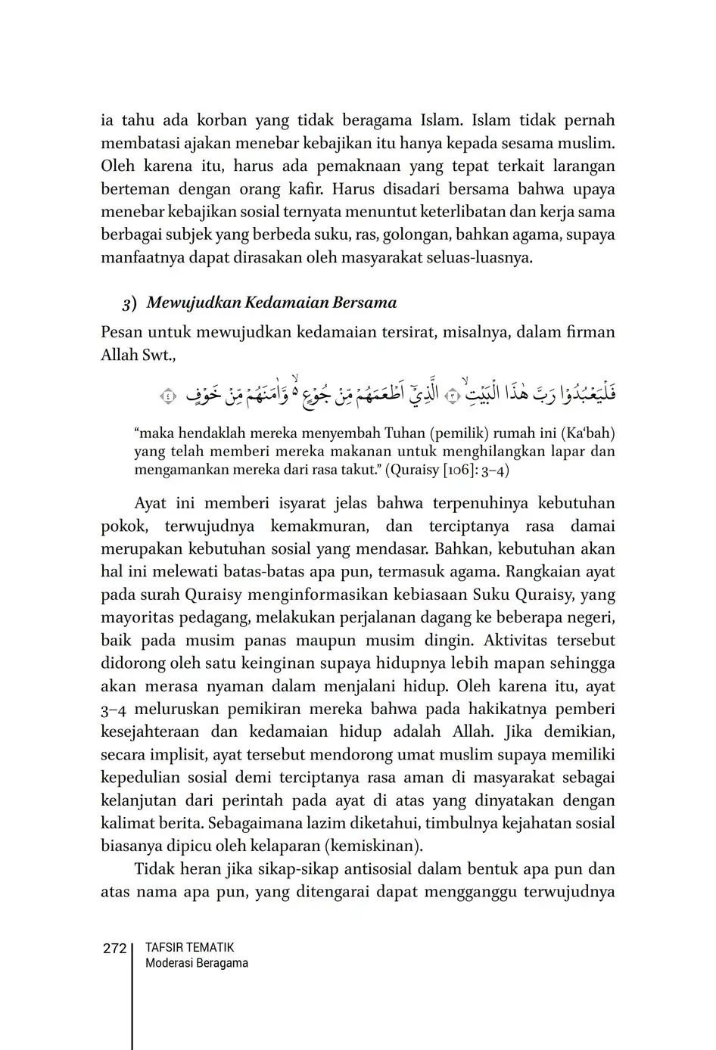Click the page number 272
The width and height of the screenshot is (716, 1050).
[114, 948]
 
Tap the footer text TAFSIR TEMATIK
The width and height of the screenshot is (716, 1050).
[189, 947]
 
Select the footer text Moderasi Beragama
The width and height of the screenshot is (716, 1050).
[196, 963]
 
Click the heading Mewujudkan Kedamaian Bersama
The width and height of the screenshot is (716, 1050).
[272, 303]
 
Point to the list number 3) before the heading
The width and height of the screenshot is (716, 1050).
[129, 303]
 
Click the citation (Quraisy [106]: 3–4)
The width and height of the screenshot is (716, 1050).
[447, 470]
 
